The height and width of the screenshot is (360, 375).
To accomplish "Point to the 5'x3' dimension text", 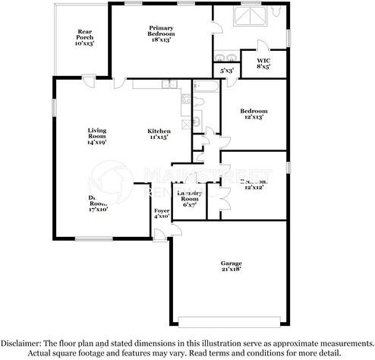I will click(x=226, y=71).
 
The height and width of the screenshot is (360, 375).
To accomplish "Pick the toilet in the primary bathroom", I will click(x=276, y=12).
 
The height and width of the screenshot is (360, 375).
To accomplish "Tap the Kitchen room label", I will click(x=157, y=134).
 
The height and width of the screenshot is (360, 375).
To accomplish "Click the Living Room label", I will click(x=97, y=134).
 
